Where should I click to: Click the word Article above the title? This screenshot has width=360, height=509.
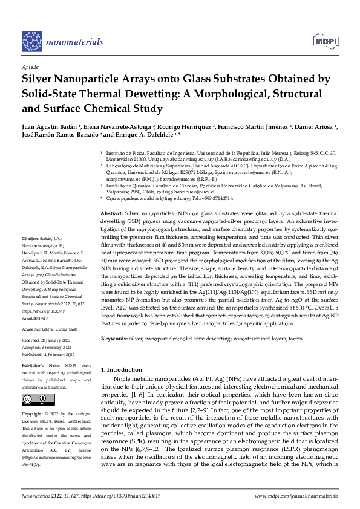point(30,66)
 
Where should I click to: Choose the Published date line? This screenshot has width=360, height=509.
point(48,355)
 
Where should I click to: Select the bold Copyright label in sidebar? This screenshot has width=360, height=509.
point(33,413)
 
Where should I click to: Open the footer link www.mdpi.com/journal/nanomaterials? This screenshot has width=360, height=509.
point(296,496)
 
